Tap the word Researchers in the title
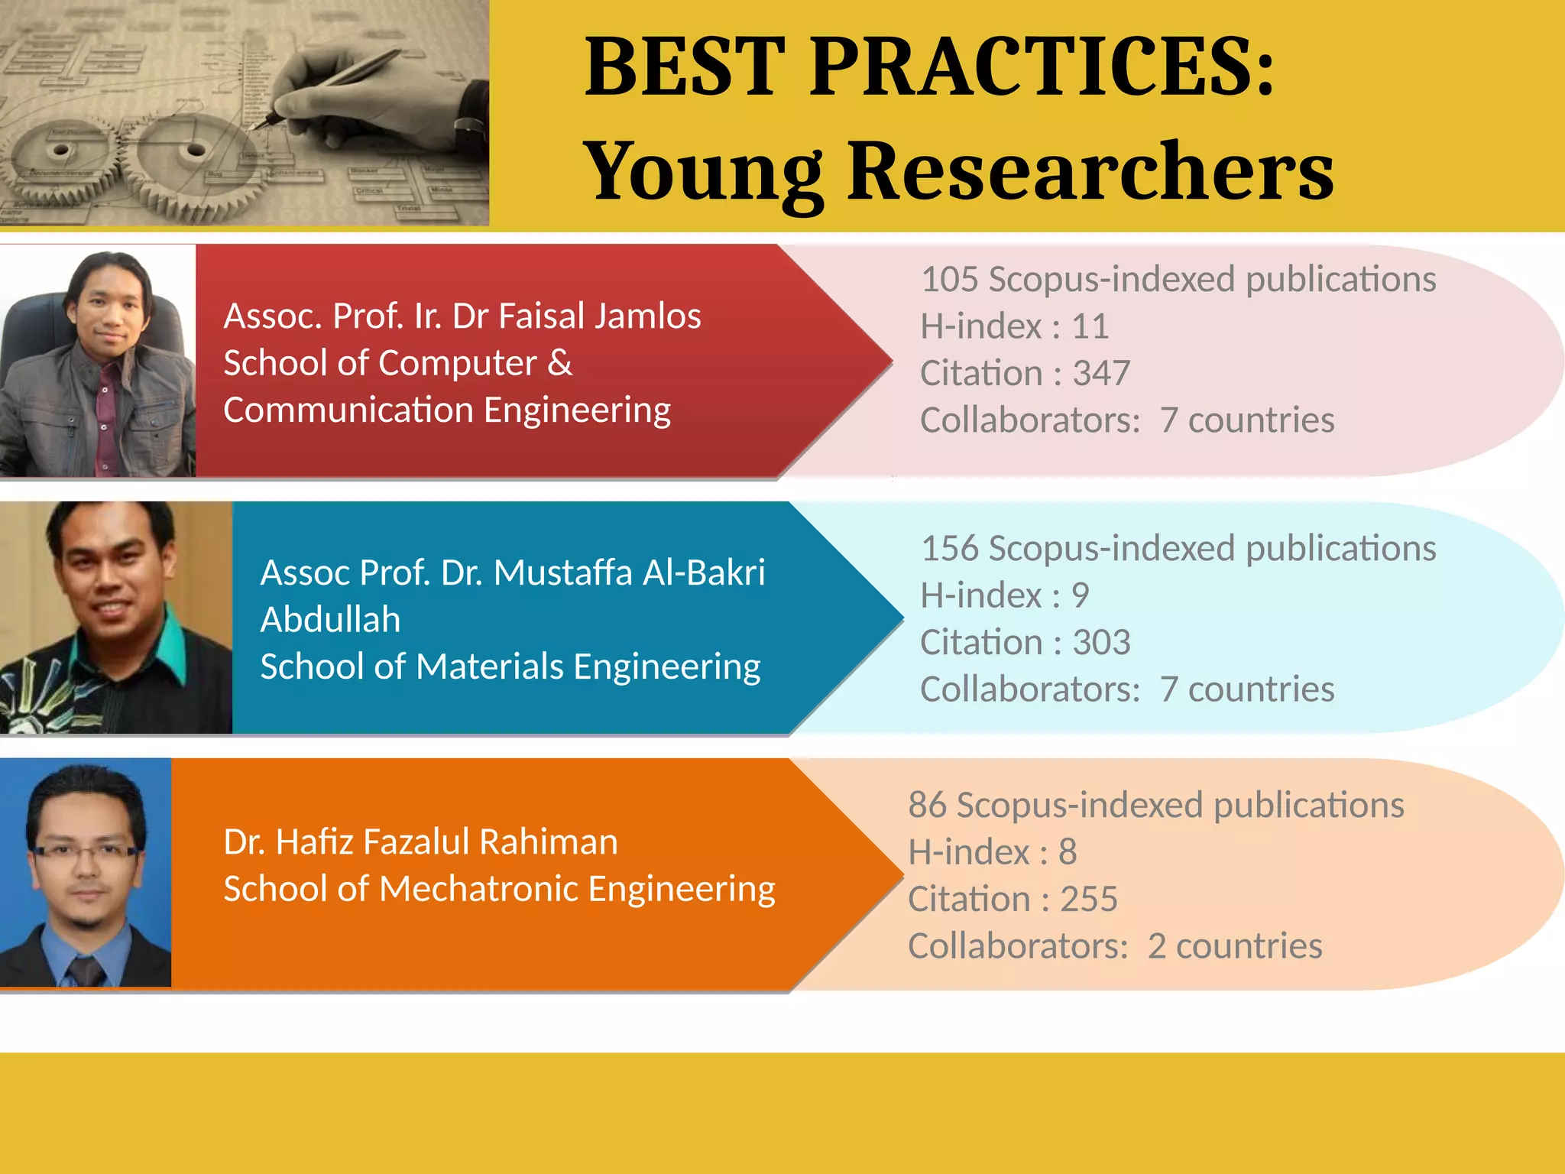tap(1090, 172)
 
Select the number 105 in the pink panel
tap(949, 280)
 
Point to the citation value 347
tap(1101, 374)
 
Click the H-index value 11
tap(1090, 327)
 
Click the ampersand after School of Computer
tap(560, 363)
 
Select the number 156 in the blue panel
tap(949, 549)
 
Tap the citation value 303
tap(1101, 643)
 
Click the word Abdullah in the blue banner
tap(330, 620)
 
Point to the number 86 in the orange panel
tap(927, 806)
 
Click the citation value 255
tap(1089, 900)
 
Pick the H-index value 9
tap(1080, 596)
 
